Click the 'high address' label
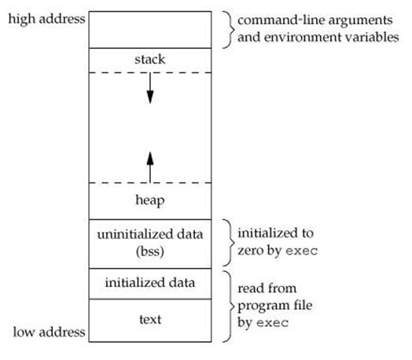point(46,20)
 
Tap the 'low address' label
point(49,332)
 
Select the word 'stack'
point(150,59)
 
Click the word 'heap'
point(150,200)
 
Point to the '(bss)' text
point(150,252)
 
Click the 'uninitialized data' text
point(150,234)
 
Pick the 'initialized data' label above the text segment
point(150,283)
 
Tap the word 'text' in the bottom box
point(150,320)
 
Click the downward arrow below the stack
point(150,88)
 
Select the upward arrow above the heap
point(150,167)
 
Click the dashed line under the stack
point(150,72)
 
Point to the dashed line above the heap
point(150,183)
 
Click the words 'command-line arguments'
point(315,20)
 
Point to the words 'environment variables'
point(331,37)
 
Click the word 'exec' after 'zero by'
point(301,251)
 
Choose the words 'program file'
point(275,306)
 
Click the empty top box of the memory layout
point(150,30)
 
